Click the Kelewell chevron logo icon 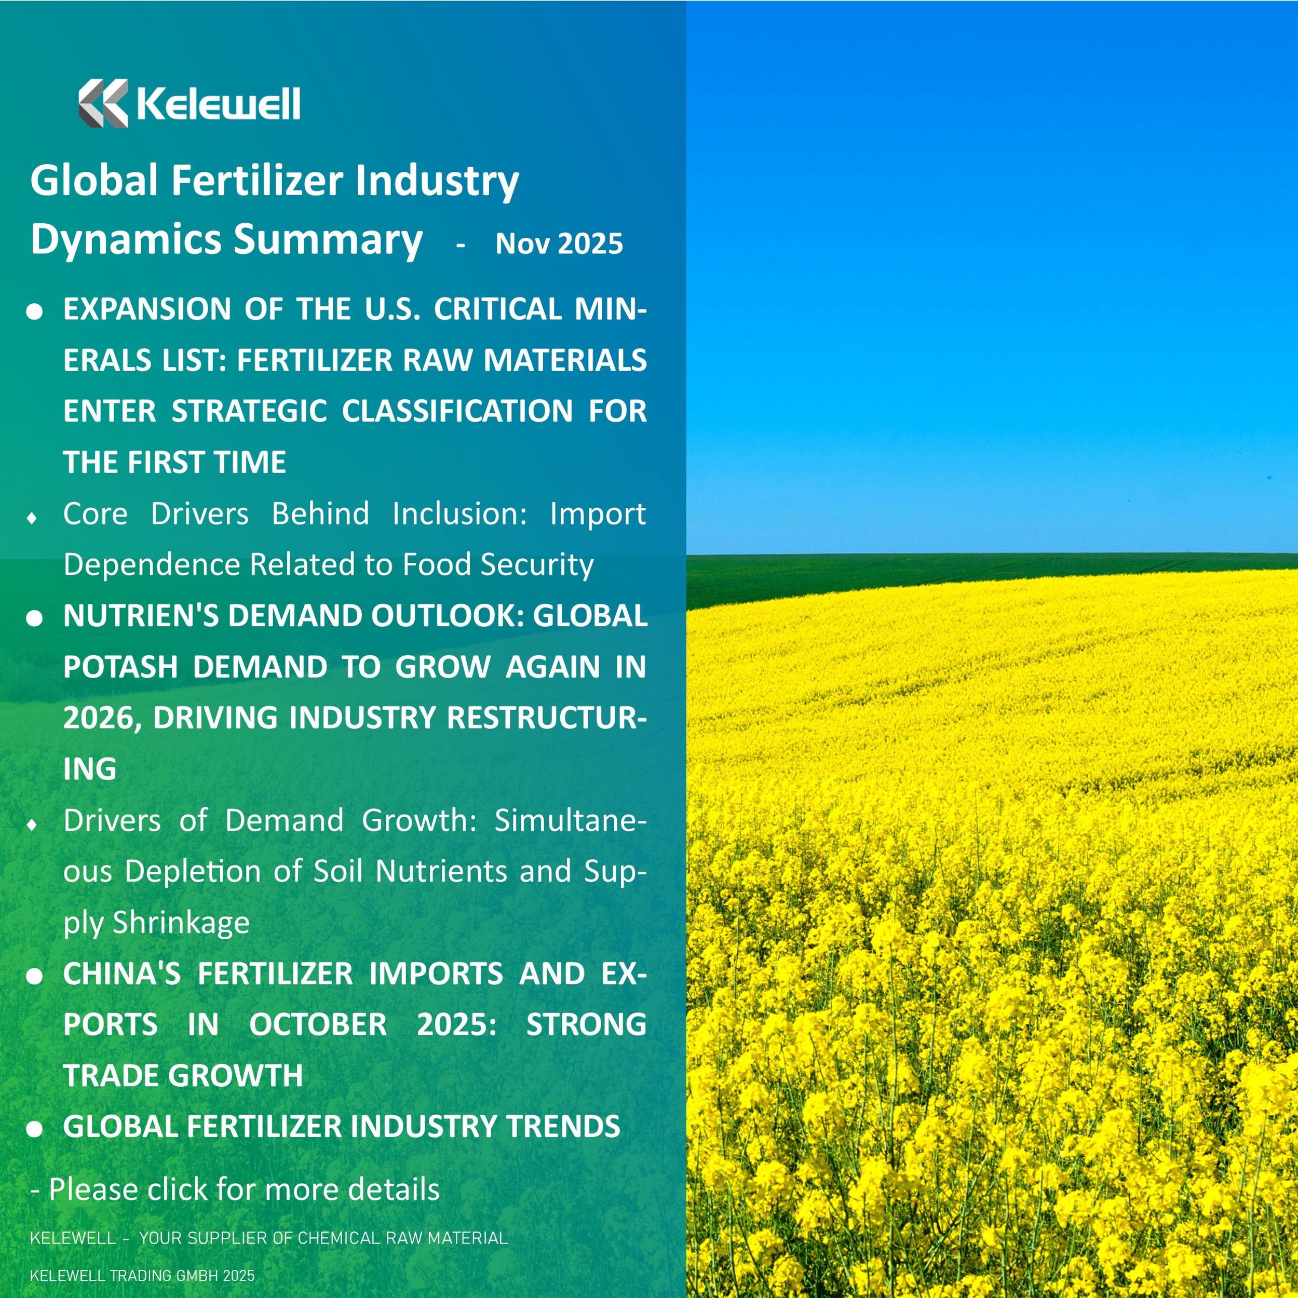[103, 103]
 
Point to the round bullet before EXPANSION [34, 311]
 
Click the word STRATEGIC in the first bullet [249, 411]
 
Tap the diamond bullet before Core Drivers [32, 518]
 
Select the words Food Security [498, 564]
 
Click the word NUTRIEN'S [140, 616]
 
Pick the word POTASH [119, 667]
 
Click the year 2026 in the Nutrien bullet [101, 718]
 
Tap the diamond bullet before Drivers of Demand [32, 824]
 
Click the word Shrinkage [181, 923]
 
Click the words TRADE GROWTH [183, 1076]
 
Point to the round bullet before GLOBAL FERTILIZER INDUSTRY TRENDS [34, 1129]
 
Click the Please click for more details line [235, 1189]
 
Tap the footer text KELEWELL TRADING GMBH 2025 [142, 1276]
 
